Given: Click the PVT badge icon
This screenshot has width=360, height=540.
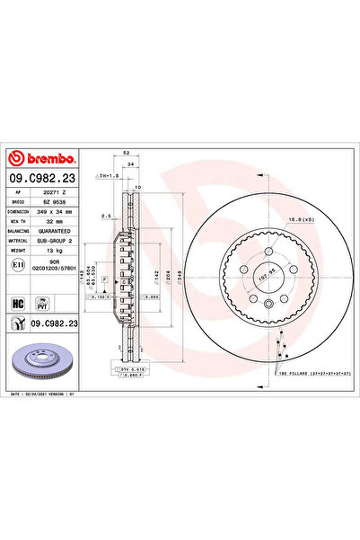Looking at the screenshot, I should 40,304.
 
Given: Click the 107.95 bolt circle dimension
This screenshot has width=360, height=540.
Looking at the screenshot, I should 265,279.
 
